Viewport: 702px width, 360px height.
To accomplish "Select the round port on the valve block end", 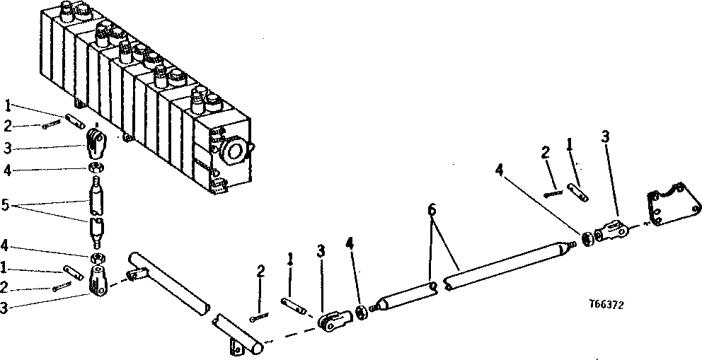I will pyautogui.click(x=234, y=150).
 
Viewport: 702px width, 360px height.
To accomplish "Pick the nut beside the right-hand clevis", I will pyautogui.click(x=587, y=238).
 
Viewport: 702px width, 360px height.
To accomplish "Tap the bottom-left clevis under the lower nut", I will pyautogui.click(x=98, y=279).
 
